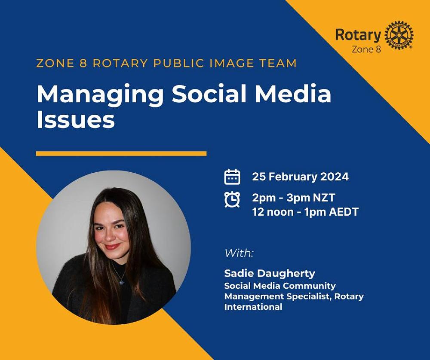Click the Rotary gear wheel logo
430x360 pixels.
[x=399, y=35]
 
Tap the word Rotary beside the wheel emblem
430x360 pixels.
[x=358, y=35]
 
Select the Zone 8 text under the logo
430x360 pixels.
[x=366, y=49]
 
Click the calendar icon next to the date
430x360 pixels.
[x=232, y=177]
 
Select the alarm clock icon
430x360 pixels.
[x=232, y=199]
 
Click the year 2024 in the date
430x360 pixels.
[x=334, y=177]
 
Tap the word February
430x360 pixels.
[x=292, y=177]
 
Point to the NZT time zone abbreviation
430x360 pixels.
[x=323, y=198]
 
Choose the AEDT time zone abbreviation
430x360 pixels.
[x=344, y=212]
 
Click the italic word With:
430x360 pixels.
[x=239, y=253]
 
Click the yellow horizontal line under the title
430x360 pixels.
[x=121, y=153]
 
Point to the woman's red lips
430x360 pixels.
[x=113, y=247]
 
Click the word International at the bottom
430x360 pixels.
[x=253, y=307]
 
